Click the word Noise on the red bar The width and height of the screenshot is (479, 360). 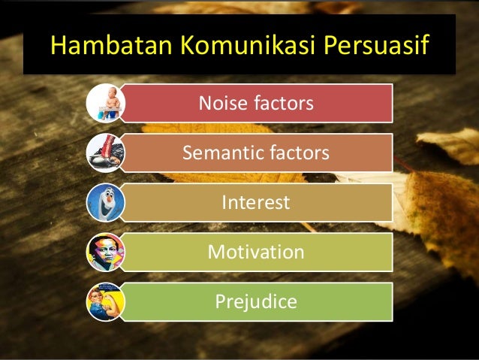221,103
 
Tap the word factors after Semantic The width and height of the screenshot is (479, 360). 298,153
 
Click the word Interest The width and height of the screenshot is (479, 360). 255,203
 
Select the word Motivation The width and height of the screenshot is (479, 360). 255,252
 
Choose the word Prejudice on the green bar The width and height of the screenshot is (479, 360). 255,301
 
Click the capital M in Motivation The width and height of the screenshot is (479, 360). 215,252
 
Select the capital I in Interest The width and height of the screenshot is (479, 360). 224,203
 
